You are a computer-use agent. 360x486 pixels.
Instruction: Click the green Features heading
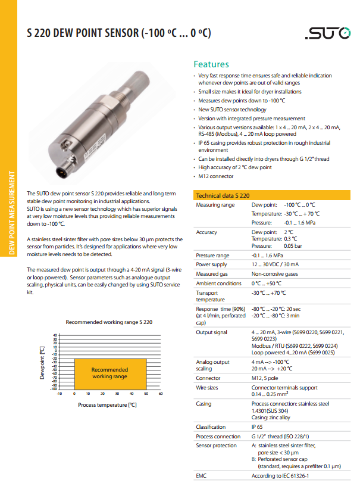tap(211, 64)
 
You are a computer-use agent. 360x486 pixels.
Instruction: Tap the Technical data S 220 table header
tap(223, 195)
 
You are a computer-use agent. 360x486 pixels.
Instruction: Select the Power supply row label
tap(211, 264)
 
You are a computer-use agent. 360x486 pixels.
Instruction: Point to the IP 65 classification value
tap(258, 426)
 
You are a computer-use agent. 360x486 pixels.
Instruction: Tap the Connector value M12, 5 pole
tap(268, 378)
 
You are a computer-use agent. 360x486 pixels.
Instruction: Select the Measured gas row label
tap(212, 273)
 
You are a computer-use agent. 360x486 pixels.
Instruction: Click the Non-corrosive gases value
tap(276, 273)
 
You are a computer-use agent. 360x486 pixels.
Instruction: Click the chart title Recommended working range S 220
tap(109, 322)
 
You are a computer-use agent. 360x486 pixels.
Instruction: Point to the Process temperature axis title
tap(108, 404)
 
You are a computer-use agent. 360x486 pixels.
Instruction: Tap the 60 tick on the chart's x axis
tap(161, 394)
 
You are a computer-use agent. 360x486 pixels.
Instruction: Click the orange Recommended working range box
tap(110, 373)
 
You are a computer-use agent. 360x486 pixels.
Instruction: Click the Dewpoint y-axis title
tap(42, 363)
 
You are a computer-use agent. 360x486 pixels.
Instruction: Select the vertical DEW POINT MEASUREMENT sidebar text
tap(10, 213)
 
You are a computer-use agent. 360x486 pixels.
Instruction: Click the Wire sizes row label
tap(208, 388)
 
